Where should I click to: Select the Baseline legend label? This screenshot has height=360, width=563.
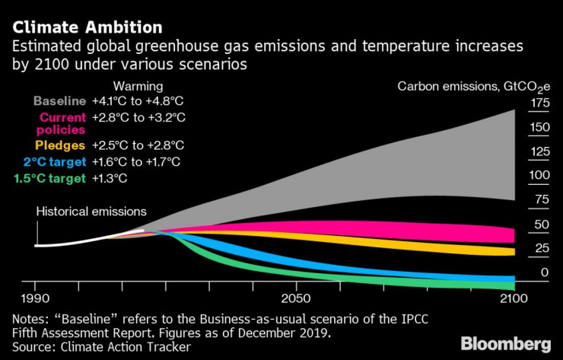[59, 100]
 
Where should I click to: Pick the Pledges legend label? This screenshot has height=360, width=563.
[63, 145]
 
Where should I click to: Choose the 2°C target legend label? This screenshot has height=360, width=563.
[55, 161]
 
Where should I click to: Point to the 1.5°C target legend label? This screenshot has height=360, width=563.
[49, 179]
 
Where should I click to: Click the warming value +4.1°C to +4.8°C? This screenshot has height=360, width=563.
[138, 100]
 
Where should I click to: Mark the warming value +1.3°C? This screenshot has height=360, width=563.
[109, 179]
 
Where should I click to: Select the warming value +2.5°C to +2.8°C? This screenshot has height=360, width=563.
[138, 145]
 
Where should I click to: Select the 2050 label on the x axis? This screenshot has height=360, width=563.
[296, 298]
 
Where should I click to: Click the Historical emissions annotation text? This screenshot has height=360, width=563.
[91, 212]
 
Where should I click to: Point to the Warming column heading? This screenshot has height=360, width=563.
[138, 86]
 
